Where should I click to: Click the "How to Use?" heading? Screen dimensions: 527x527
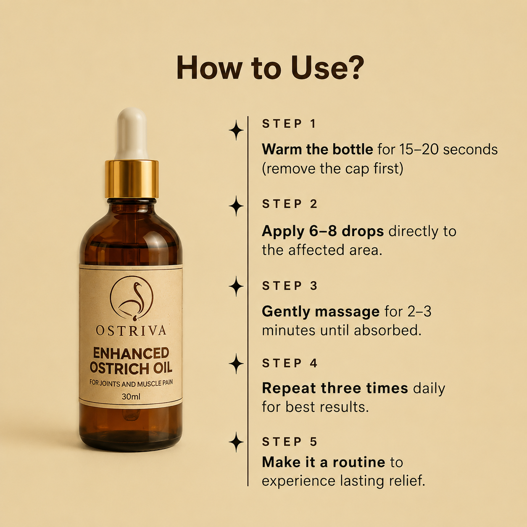click(270, 68)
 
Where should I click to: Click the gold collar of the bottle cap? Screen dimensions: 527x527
click(132, 179)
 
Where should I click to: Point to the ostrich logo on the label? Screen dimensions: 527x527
click(132, 298)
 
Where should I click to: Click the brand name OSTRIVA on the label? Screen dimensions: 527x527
click(131, 330)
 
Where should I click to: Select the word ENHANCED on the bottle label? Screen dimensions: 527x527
click(131, 353)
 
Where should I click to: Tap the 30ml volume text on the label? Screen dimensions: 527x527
click(131, 396)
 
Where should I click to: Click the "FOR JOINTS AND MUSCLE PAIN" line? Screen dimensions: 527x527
click(131, 383)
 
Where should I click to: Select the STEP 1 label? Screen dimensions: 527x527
click(289, 124)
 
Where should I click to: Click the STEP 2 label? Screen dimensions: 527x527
click(290, 204)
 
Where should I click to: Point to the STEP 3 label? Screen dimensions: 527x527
click(290, 286)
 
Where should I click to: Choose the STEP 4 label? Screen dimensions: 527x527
click(290, 363)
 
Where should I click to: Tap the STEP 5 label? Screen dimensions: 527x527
click(290, 442)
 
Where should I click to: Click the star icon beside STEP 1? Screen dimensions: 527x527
click(236, 130)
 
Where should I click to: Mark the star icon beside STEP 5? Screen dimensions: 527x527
click(236, 442)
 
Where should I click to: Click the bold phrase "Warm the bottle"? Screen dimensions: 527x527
click(317, 149)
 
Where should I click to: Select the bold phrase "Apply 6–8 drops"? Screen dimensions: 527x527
click(323, 232)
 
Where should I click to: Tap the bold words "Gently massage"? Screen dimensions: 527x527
click(321, 311)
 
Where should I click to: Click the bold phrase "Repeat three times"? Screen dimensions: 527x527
click(335, 388)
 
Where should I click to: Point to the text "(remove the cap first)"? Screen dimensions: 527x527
click(332, 169)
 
